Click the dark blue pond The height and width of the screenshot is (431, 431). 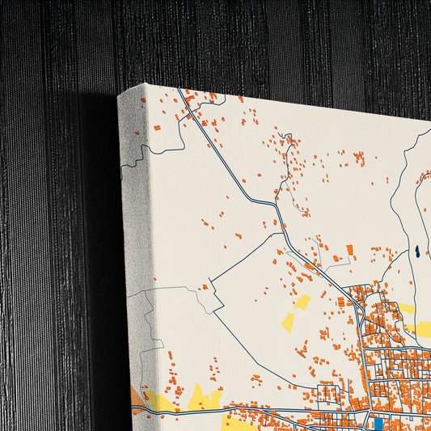416,253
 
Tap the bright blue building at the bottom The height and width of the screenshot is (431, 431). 378,424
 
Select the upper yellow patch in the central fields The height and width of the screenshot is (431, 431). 302,302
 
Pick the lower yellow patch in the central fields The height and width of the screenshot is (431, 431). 288,322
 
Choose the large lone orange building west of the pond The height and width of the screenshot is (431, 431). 350,251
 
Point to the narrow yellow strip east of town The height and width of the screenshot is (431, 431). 407,309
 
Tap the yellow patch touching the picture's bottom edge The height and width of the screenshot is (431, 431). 239,424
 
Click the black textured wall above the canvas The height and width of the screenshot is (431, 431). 243,40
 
